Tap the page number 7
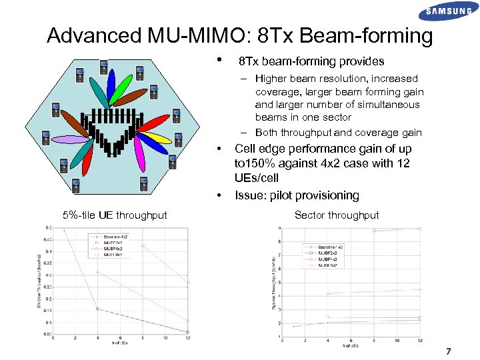449,351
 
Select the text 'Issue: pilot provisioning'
297,195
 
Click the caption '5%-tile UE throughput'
115,215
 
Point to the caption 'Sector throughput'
337,215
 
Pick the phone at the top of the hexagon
103,67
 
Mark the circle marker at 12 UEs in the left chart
188,331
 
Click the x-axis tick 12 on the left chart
188,338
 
